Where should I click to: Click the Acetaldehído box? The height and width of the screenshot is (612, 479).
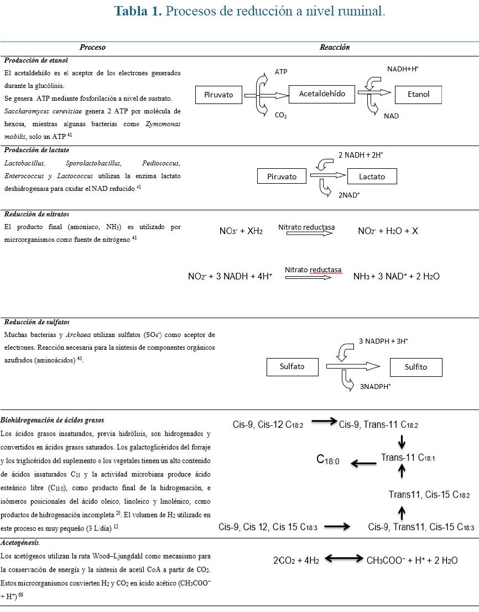(x=322, y=94)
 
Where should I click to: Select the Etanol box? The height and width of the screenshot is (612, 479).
(x=418, y=95)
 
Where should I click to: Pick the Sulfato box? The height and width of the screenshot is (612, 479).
(x=292, y=366)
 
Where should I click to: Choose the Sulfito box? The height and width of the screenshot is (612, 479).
(x=415, y=367)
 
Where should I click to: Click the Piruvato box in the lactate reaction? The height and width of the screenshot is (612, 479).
(x=282, y=177)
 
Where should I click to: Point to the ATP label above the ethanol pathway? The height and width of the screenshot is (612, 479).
(x=281, y=72)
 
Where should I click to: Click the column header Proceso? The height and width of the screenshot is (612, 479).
(x=92, y=48)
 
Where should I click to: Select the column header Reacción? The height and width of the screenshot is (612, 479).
(x=335, y=48)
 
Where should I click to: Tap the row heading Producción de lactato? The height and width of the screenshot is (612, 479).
(x=37, y=150)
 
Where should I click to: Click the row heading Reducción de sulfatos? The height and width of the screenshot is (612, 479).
(x=37, y=322)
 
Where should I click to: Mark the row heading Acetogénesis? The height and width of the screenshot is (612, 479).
(x=20, y=543)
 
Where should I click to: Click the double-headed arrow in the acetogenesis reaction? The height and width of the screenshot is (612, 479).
(x=343, y=559)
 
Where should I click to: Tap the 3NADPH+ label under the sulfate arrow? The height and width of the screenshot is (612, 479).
(x=375, y=387)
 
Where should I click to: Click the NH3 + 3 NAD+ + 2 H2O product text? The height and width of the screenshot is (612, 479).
(x=396, y=276)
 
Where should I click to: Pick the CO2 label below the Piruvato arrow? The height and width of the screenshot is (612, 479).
(x=280, y=116)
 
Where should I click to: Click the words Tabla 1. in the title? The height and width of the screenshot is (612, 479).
(x=138, y=11)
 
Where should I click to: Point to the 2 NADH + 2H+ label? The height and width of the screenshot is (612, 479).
(x=361, y=155)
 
